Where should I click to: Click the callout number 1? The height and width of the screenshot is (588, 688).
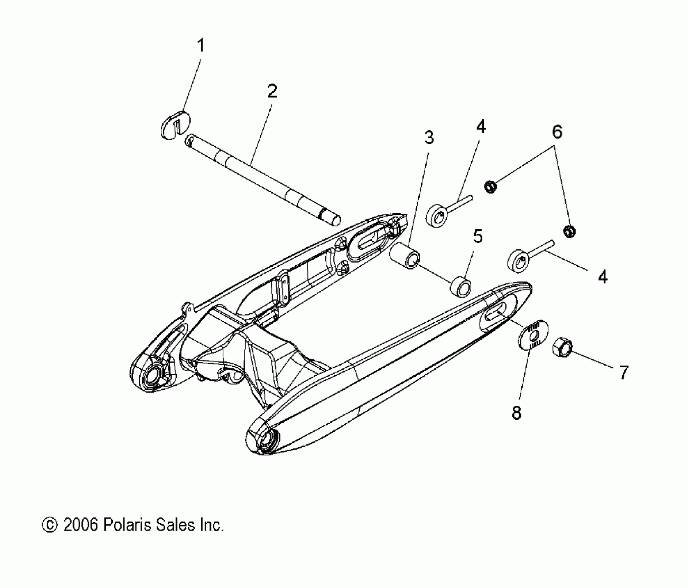(x=201, y=46)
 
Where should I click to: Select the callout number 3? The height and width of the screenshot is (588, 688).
(x=429, y=138)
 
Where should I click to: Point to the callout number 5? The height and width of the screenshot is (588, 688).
(x=477, y=236)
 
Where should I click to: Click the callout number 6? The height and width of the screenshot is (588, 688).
(x=557, y=132)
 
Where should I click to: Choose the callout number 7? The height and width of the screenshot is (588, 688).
(x=623, y=372)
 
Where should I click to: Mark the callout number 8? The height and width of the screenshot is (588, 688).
(x=517, y=413)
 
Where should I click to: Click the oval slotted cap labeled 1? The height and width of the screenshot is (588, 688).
(x=176, y=125)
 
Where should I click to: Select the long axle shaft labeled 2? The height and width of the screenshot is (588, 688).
(x=263, y=180)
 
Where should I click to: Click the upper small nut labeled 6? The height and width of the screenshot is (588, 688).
(x=490, y=187)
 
